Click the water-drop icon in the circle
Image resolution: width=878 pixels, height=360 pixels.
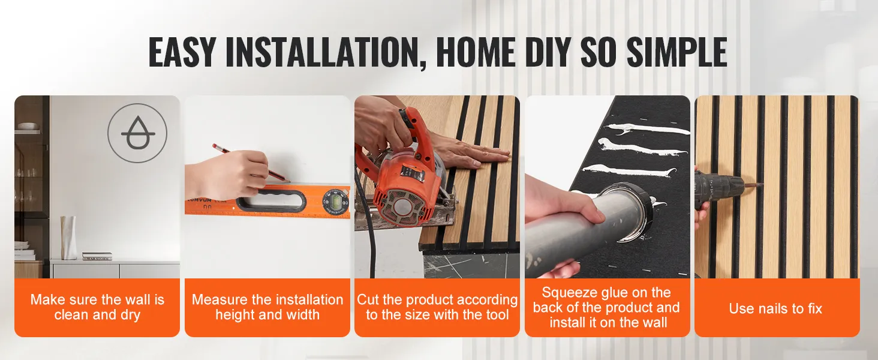(x=137, y=133)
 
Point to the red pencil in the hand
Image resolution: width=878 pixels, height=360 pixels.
(x=251, y=164)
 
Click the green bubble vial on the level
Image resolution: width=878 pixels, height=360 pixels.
(x=335, y=201)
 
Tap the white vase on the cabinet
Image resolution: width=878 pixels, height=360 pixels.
(x=69, y=238)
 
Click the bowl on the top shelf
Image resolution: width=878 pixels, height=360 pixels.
(x=28, y=126)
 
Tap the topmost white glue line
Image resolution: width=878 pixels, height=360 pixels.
(x=646, y=130)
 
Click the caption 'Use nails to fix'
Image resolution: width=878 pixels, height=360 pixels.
(x=775, y=308)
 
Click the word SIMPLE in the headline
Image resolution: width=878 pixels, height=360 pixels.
(x=677, y=52)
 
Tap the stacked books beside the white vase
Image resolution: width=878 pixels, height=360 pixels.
(x=97, y=256)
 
